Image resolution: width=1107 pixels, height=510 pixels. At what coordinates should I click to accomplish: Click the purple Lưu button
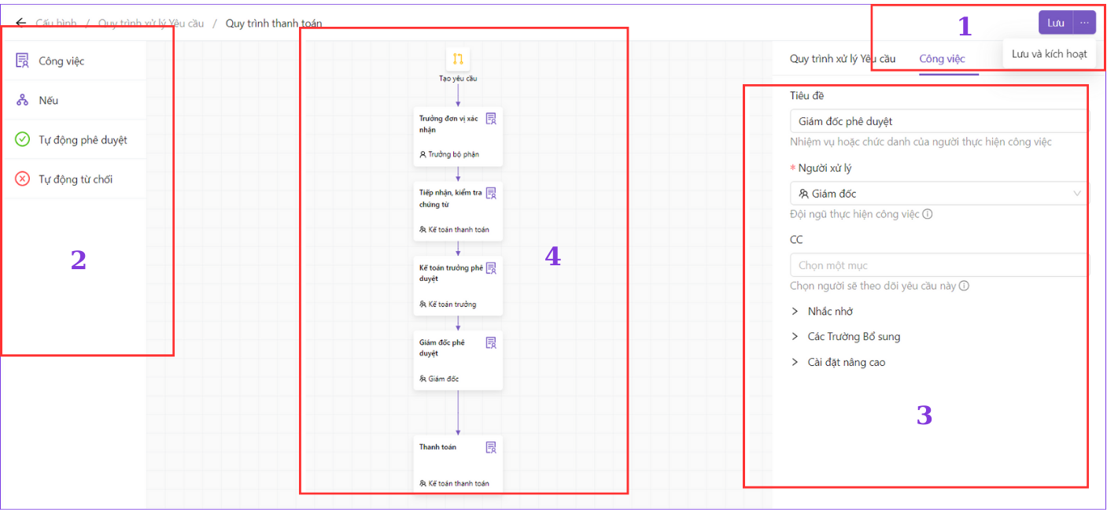(x=1056, y=23)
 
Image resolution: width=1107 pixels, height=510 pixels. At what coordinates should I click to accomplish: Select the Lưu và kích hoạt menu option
(x=1049, y=54)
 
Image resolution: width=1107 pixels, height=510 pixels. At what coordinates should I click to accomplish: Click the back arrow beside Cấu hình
(x=20, y=23)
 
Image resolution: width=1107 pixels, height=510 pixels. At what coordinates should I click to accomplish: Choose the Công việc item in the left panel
(x=61, y=61)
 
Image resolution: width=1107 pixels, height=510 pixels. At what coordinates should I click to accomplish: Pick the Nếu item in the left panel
(x=49, y=100)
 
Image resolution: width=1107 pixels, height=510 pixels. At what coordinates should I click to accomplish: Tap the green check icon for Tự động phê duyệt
(x=22, y=139)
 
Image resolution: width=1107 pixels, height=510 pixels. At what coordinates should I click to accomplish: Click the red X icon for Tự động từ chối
(x=22, y=179)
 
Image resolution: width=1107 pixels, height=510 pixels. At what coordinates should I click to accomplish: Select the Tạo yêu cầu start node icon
(x=458, y=59)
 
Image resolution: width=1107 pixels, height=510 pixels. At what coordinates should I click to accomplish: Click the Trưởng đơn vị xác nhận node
(x=458, y=136)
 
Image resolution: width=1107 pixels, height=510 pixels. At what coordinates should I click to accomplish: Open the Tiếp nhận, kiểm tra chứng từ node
(x=458, y=211)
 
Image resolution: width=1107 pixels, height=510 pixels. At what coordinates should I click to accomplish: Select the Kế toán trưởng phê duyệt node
(x=458, y=286)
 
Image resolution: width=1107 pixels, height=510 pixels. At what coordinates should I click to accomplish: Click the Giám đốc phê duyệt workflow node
(x=458, y=360)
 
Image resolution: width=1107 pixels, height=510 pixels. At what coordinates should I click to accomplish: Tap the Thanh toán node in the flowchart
(x=458, y=464)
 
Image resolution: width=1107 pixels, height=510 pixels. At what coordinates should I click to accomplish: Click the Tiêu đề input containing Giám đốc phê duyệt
(x=939, y=121)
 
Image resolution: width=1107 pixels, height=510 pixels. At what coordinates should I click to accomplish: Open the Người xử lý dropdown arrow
(x=1077, y=194)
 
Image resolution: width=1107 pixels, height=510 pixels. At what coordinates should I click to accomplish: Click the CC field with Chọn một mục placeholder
(x=939, y=265)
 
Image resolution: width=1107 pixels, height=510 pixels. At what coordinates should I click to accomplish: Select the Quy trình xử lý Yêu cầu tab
(x=843, y=59)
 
